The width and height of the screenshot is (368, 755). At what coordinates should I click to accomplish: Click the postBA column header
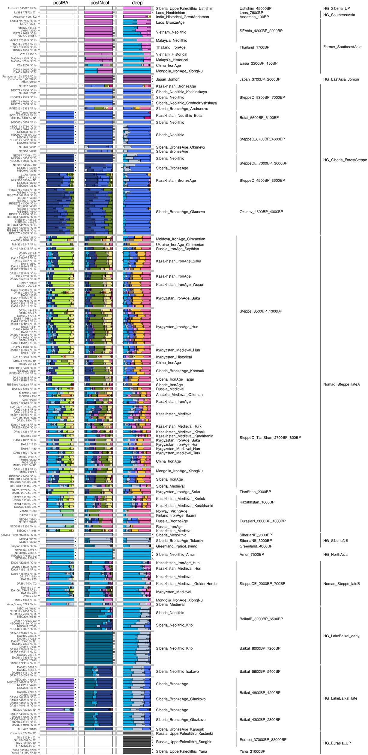pos(61,3)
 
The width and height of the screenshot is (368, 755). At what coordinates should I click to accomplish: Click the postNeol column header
pos(100,3)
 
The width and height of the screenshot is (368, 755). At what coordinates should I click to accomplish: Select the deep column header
pos(137,3)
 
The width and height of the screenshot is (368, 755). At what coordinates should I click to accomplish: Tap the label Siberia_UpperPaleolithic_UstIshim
pos(184,8)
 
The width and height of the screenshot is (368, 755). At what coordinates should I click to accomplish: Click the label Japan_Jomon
pos(167,79)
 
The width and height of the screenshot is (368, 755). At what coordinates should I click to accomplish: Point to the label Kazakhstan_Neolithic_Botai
pos(179,116)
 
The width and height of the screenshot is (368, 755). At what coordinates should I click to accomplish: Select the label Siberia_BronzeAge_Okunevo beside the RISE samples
pos(180,212)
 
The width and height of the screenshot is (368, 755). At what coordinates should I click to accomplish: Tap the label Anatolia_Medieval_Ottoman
pos(179,394)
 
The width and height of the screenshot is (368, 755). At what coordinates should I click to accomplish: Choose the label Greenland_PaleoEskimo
pos(176,546)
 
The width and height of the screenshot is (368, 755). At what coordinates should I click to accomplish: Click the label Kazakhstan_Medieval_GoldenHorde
pos(186,583)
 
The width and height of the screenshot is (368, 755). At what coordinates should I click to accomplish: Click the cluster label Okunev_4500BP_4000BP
pos(261,212)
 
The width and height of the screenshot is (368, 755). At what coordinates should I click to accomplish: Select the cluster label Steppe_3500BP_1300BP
pos(261,311)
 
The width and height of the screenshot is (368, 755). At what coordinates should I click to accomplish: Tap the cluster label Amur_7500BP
pos(252,554)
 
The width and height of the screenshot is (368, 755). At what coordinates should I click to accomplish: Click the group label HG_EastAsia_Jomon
pos(341,79)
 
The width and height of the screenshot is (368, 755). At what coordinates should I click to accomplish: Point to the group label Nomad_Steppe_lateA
pos(341,384)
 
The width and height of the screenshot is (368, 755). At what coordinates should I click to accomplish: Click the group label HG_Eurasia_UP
pos(337,743)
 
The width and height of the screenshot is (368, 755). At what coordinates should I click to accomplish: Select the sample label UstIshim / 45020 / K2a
pos(22,8)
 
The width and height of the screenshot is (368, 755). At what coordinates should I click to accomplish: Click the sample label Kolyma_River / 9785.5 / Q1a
pos(19,535)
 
